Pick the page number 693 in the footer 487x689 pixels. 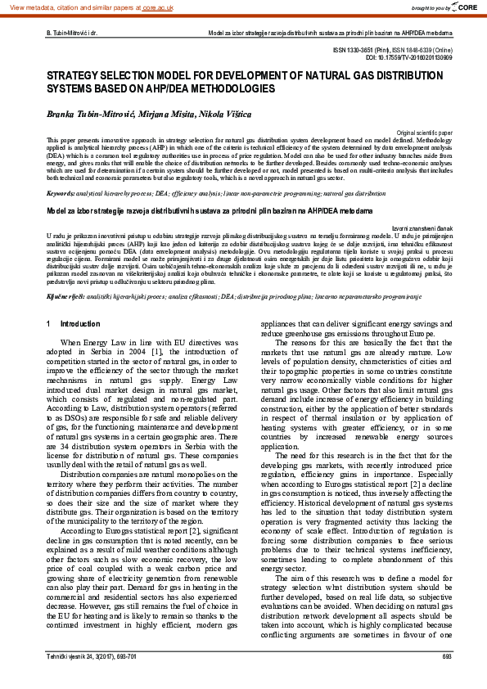click(446, 678)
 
